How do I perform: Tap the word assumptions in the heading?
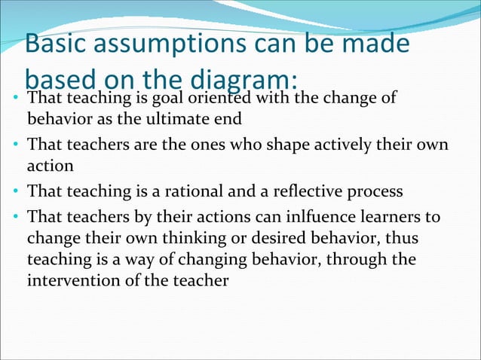click(165, 44)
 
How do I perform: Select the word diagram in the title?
click(243, 79)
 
